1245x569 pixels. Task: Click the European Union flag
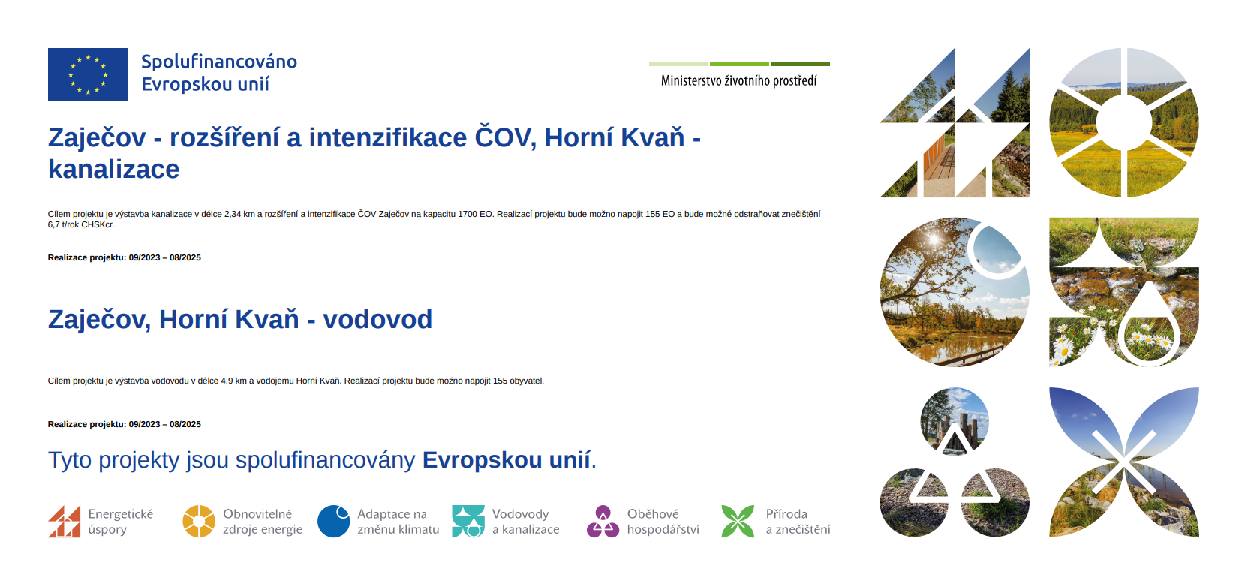click(88, 74)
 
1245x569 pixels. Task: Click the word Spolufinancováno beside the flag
click(219, 62)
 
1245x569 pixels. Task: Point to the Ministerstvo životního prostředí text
click(738, 81)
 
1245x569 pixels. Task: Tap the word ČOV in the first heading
click(504, 137)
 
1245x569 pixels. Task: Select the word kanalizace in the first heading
click(114, 169)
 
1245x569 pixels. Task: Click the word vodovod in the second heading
click(377, 319)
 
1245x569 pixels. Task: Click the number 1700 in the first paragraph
click(467, 214)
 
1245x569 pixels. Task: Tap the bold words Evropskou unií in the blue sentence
click(507, 460)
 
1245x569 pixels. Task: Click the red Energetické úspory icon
click(65, 521)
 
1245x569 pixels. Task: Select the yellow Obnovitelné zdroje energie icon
click(199, 521)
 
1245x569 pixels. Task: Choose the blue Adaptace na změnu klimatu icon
click(333, 521)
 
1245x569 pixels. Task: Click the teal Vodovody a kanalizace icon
click(468, 521)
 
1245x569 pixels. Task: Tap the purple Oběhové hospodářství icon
click(603, 521)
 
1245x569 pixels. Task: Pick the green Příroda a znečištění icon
click(738, 521)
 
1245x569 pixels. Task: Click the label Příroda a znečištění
click(798, 522)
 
